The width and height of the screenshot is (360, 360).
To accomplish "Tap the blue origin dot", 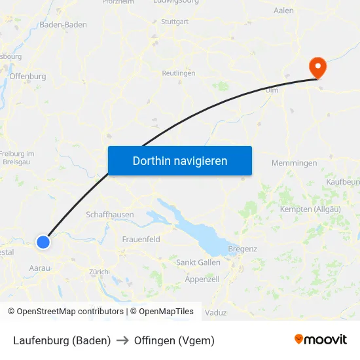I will click(43, 242).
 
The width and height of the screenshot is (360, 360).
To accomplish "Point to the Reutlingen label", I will click(179, 73).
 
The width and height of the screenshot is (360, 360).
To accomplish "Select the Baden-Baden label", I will click(63, 24).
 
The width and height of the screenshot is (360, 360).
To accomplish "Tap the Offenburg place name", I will click(27, 76).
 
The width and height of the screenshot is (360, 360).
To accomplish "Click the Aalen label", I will click(283, 10).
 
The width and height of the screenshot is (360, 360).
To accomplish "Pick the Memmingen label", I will click(294, 163).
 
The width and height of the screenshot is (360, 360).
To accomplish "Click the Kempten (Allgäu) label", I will click(310, 209).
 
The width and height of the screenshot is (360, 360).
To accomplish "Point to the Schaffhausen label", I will click(110, 214).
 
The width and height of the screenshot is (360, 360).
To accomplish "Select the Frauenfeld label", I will click(141, 240).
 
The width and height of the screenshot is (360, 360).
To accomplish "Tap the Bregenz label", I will click(242, 249).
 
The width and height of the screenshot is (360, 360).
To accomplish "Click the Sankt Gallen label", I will click(198, 262).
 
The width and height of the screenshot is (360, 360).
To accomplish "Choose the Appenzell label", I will click(202, 279).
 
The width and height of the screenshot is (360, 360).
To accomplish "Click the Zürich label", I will click(99, 272).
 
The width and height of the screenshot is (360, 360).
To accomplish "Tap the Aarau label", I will click(40, 268).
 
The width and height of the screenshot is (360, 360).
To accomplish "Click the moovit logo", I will click(321, 340).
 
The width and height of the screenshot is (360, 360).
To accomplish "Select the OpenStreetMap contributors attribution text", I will click(70, 312).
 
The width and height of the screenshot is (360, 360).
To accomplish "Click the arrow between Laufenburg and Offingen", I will click(122, 340).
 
